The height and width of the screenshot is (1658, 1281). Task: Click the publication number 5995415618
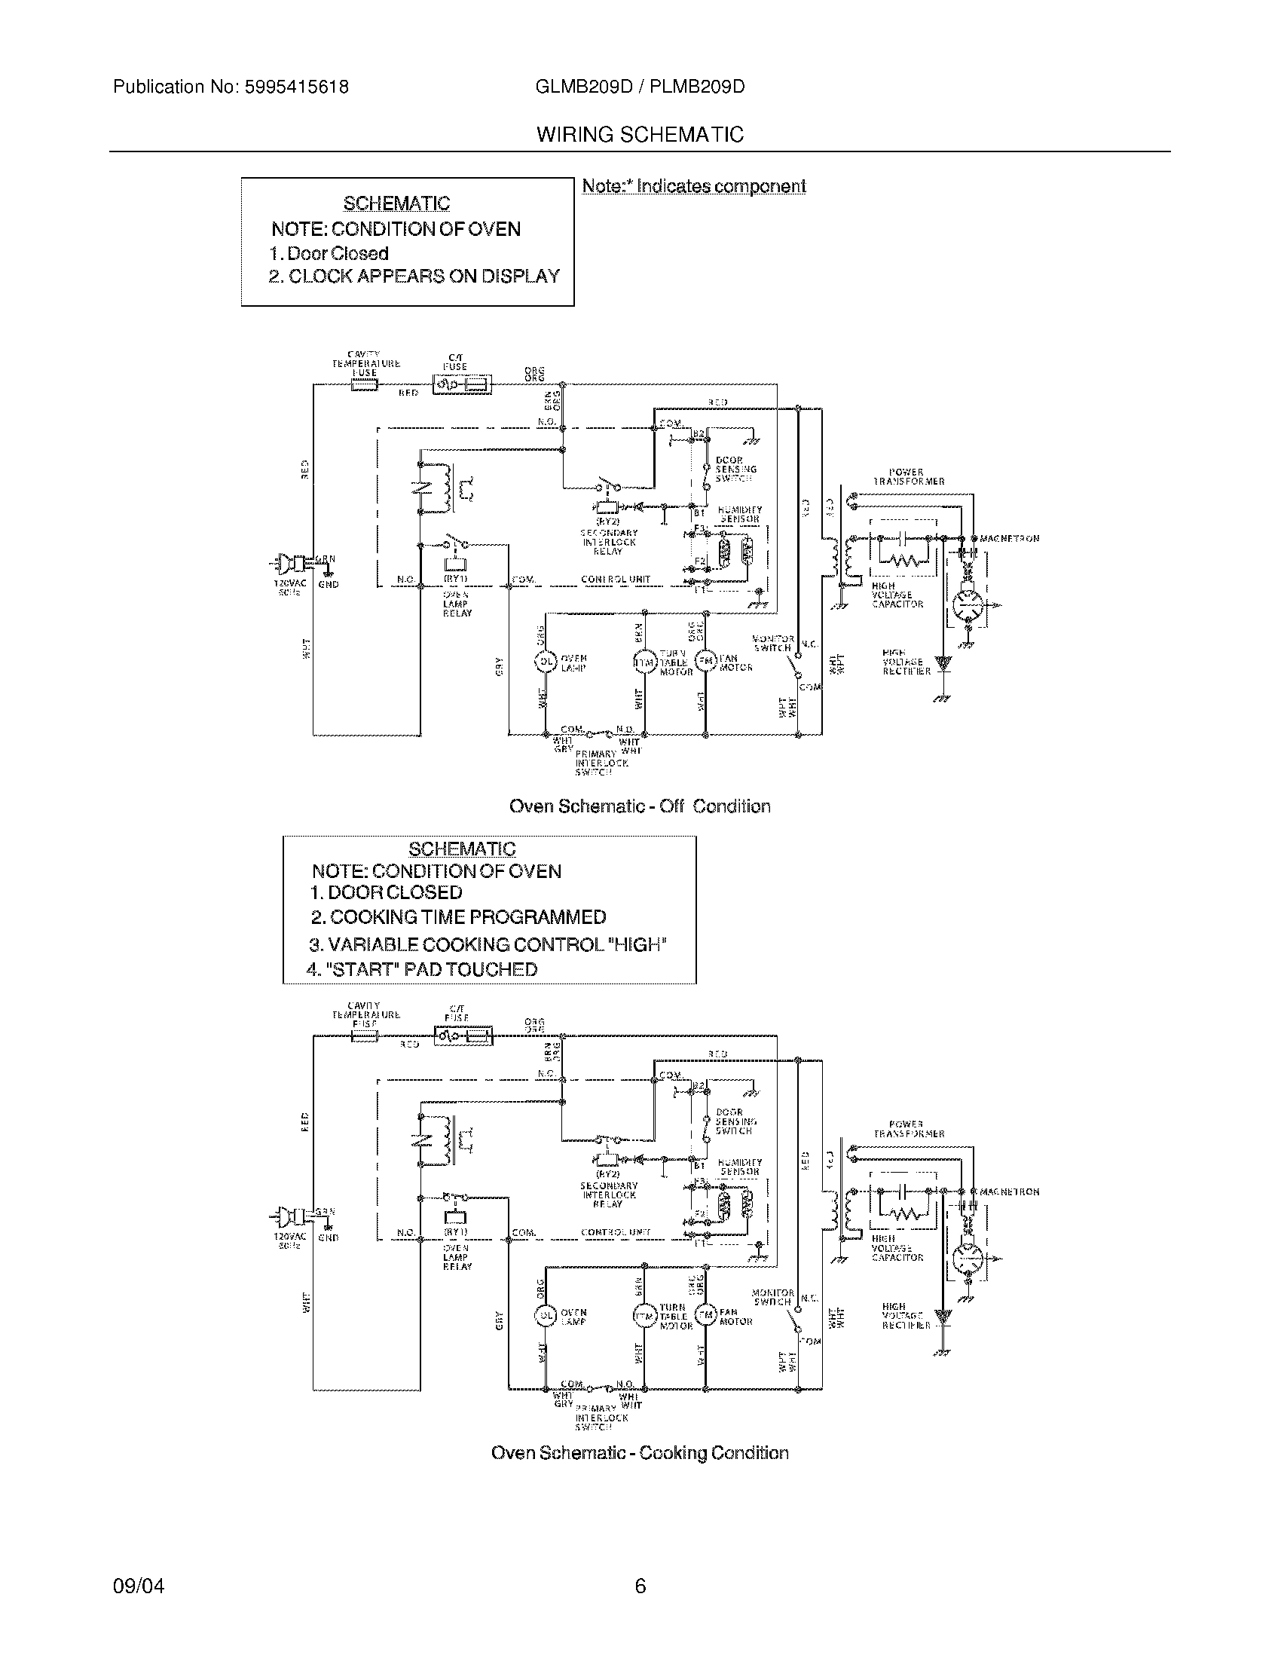pos(295,87)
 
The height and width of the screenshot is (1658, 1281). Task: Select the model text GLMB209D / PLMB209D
pos(640,87)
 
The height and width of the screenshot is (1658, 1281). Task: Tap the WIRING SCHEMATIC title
pos(640,135)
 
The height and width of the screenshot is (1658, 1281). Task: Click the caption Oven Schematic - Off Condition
pos(640,806)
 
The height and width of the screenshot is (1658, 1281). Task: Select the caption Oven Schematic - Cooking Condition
pos(640,1452)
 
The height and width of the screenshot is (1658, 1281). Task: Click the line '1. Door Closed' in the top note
pos(329,253)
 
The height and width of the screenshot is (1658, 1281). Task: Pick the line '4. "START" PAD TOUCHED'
pos(422,969)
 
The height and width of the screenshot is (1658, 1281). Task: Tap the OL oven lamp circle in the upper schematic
pos(546,662)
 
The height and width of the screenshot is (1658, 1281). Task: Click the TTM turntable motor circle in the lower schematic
pos(644,1316)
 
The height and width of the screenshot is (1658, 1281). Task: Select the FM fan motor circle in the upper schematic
pos(706,661)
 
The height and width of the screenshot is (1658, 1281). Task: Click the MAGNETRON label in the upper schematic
pos(1009,538)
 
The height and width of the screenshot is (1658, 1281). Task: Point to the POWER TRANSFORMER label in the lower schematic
pos(909,1129)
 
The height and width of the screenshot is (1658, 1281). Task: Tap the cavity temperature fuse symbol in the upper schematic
pos(364,387)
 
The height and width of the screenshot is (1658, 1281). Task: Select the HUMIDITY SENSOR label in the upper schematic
pos(739,515)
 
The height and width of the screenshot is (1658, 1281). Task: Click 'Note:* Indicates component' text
pos(693,187)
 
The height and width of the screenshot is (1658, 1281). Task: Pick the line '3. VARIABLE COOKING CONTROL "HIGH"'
pos(488,945)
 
